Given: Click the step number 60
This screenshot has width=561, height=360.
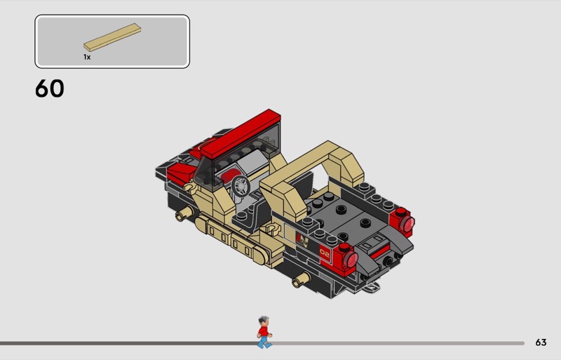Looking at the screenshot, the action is click(x=50, y=88).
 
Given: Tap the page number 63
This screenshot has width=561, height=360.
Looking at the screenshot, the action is click(x=541, y=342).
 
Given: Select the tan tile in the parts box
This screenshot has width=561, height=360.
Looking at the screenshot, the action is click(x=112, y=37).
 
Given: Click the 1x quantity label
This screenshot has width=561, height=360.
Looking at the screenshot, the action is click(x=87, y=57).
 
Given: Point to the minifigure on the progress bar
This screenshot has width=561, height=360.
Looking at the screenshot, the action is click(x=264, y=332).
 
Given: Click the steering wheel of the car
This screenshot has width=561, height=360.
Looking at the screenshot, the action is click(x=241, y=186).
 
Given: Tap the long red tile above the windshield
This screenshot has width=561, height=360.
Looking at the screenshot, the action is click(x=241, y=133).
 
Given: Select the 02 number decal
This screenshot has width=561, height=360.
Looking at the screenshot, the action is click(x=325, y=253).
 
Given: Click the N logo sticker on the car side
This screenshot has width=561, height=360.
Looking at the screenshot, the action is click(x=303, y=239).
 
